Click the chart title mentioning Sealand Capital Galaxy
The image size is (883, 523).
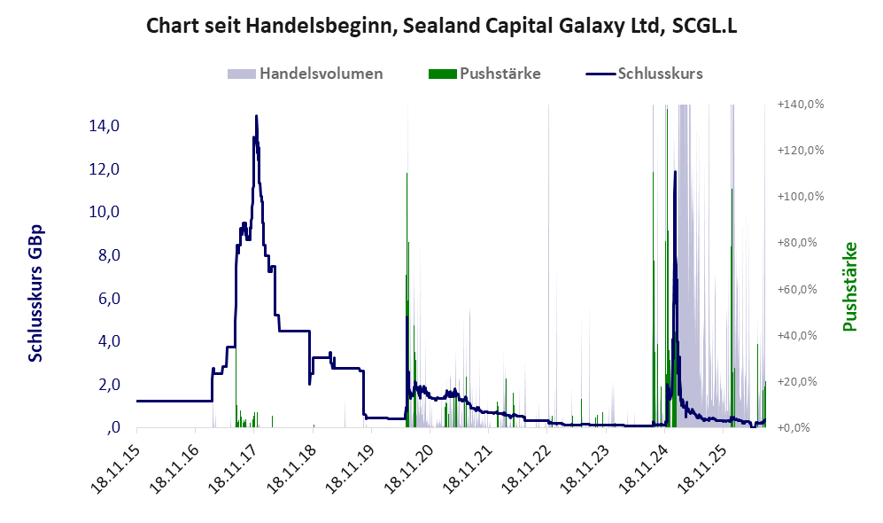(x=441, y=26)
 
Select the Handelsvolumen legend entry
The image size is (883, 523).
(x=306, y=74)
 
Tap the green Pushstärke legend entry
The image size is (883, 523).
(x=484, y=74)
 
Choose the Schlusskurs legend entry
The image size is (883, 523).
(x=644, y=74)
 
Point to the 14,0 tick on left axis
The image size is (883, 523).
(x=105, y=126)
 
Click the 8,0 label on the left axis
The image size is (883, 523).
(x=109, y=255)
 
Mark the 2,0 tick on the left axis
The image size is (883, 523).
(x=109, y=385)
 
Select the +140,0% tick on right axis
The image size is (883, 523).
(x=801, y=105)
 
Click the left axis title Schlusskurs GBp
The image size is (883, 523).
(x=35, y=293)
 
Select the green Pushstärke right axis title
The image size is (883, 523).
(x=849, y=286)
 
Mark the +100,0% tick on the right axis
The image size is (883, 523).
(x=801, y=197)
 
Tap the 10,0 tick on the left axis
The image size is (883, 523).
(x=105, y=212)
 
